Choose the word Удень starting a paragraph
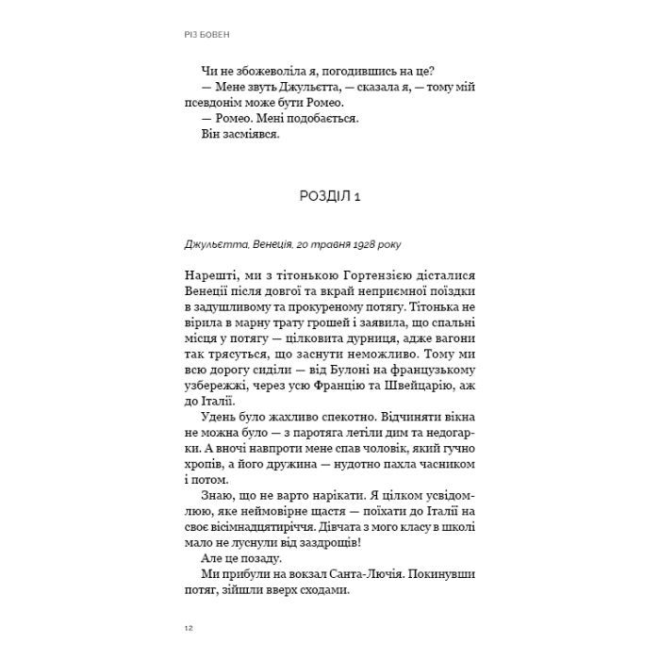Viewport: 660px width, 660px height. [222, 419]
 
